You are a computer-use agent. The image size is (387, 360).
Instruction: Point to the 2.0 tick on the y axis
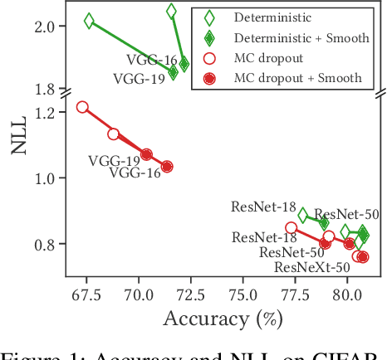(46, 27)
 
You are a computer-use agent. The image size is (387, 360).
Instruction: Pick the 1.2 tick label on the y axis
(46, 112)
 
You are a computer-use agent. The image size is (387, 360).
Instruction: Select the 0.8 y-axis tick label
(46, 245)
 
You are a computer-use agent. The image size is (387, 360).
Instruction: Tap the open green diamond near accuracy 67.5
(89, 22)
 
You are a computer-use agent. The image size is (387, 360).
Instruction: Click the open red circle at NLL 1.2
(82, 107)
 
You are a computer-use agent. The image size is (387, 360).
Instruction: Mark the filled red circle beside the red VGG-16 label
(167, 167)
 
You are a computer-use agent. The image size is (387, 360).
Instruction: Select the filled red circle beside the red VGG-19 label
(146, 154)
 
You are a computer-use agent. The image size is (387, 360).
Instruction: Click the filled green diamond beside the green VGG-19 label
(173, 72)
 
